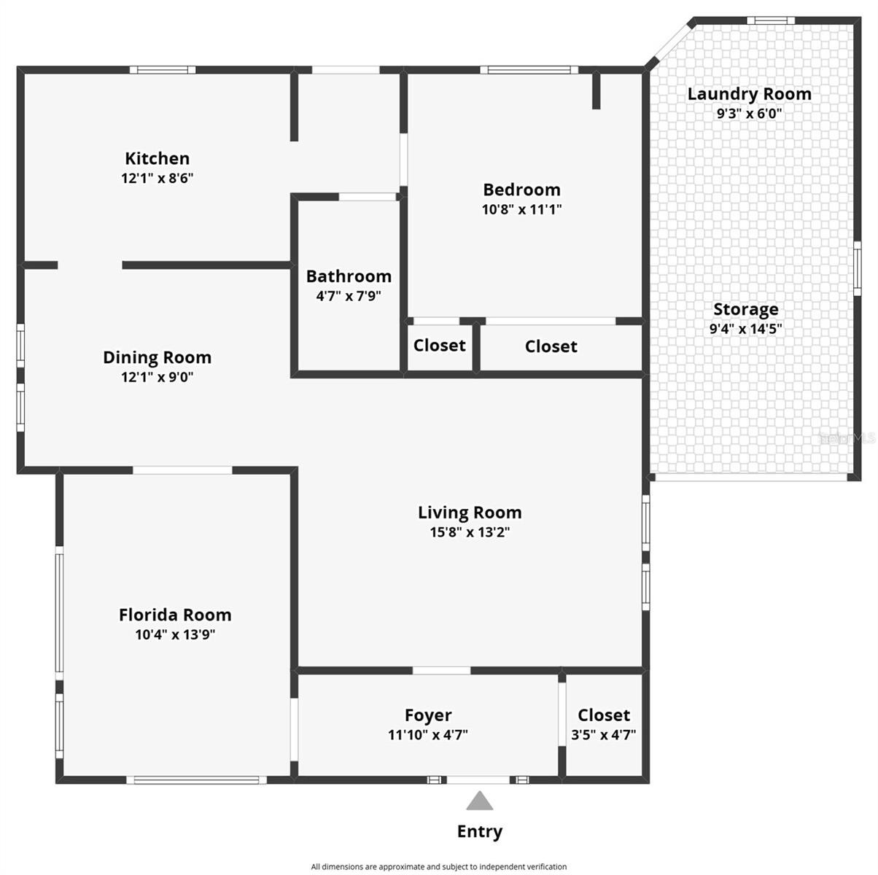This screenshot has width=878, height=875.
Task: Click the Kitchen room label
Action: tap(158, 159)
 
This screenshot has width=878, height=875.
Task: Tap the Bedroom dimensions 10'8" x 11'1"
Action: tap(521, 209)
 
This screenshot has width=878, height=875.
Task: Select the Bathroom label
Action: tap(349, 276)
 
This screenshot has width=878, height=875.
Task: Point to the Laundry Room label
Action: tap(750, 94)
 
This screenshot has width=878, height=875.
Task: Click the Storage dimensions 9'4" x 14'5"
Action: tap(745, 329)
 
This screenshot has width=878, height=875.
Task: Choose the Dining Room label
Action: tap(158, 357)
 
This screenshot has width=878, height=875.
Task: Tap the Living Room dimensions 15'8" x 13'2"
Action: tap(470, 532)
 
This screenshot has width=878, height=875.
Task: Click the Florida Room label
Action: tap(176, 615)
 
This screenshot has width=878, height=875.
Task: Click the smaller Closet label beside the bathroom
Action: tap(439, 345)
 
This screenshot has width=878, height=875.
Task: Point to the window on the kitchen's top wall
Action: tap(163, 70)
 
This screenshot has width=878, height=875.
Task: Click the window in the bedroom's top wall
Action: tap(529, 70)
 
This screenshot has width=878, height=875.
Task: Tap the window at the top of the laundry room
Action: tap(771, 20)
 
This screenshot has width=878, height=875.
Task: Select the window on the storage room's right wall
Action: tap(857, 268)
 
